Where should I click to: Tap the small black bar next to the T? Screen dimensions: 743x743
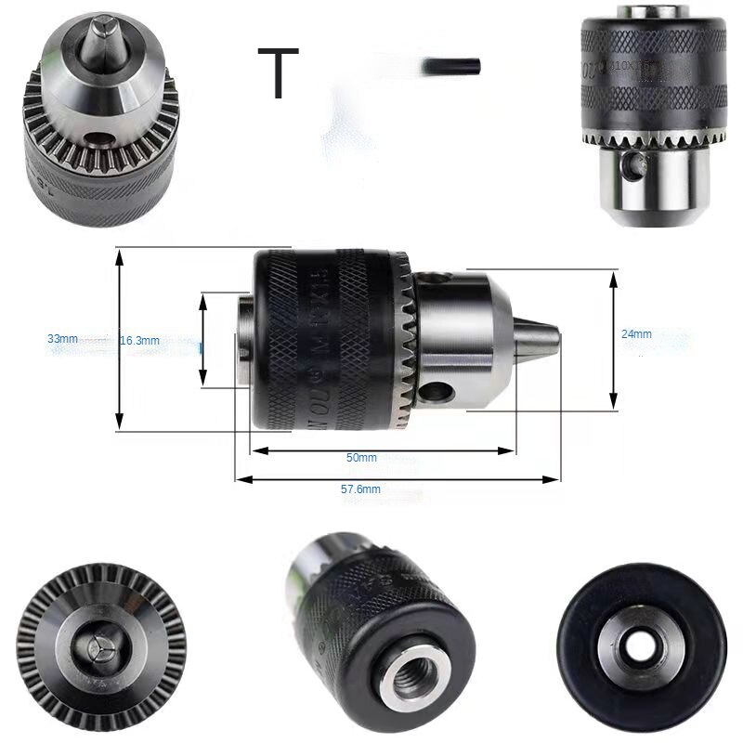click(x=451, y=67)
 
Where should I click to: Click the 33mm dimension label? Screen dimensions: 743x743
click(x=63, y=339)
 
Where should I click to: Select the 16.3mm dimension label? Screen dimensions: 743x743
click(x=139, y=341)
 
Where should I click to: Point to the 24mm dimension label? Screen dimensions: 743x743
click(x=636, y=334)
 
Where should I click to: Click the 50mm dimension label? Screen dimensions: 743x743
click(x=361, y=458)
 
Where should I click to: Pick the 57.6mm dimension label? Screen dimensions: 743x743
click(x=361, y=489)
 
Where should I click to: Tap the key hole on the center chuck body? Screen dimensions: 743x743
click(x=437, y=394)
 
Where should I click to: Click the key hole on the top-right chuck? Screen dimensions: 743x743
click(x=636, y=167)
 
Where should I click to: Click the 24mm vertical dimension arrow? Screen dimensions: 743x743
click(x=613, y=340)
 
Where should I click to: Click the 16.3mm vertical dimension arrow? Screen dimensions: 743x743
click(x=203, y=339)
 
